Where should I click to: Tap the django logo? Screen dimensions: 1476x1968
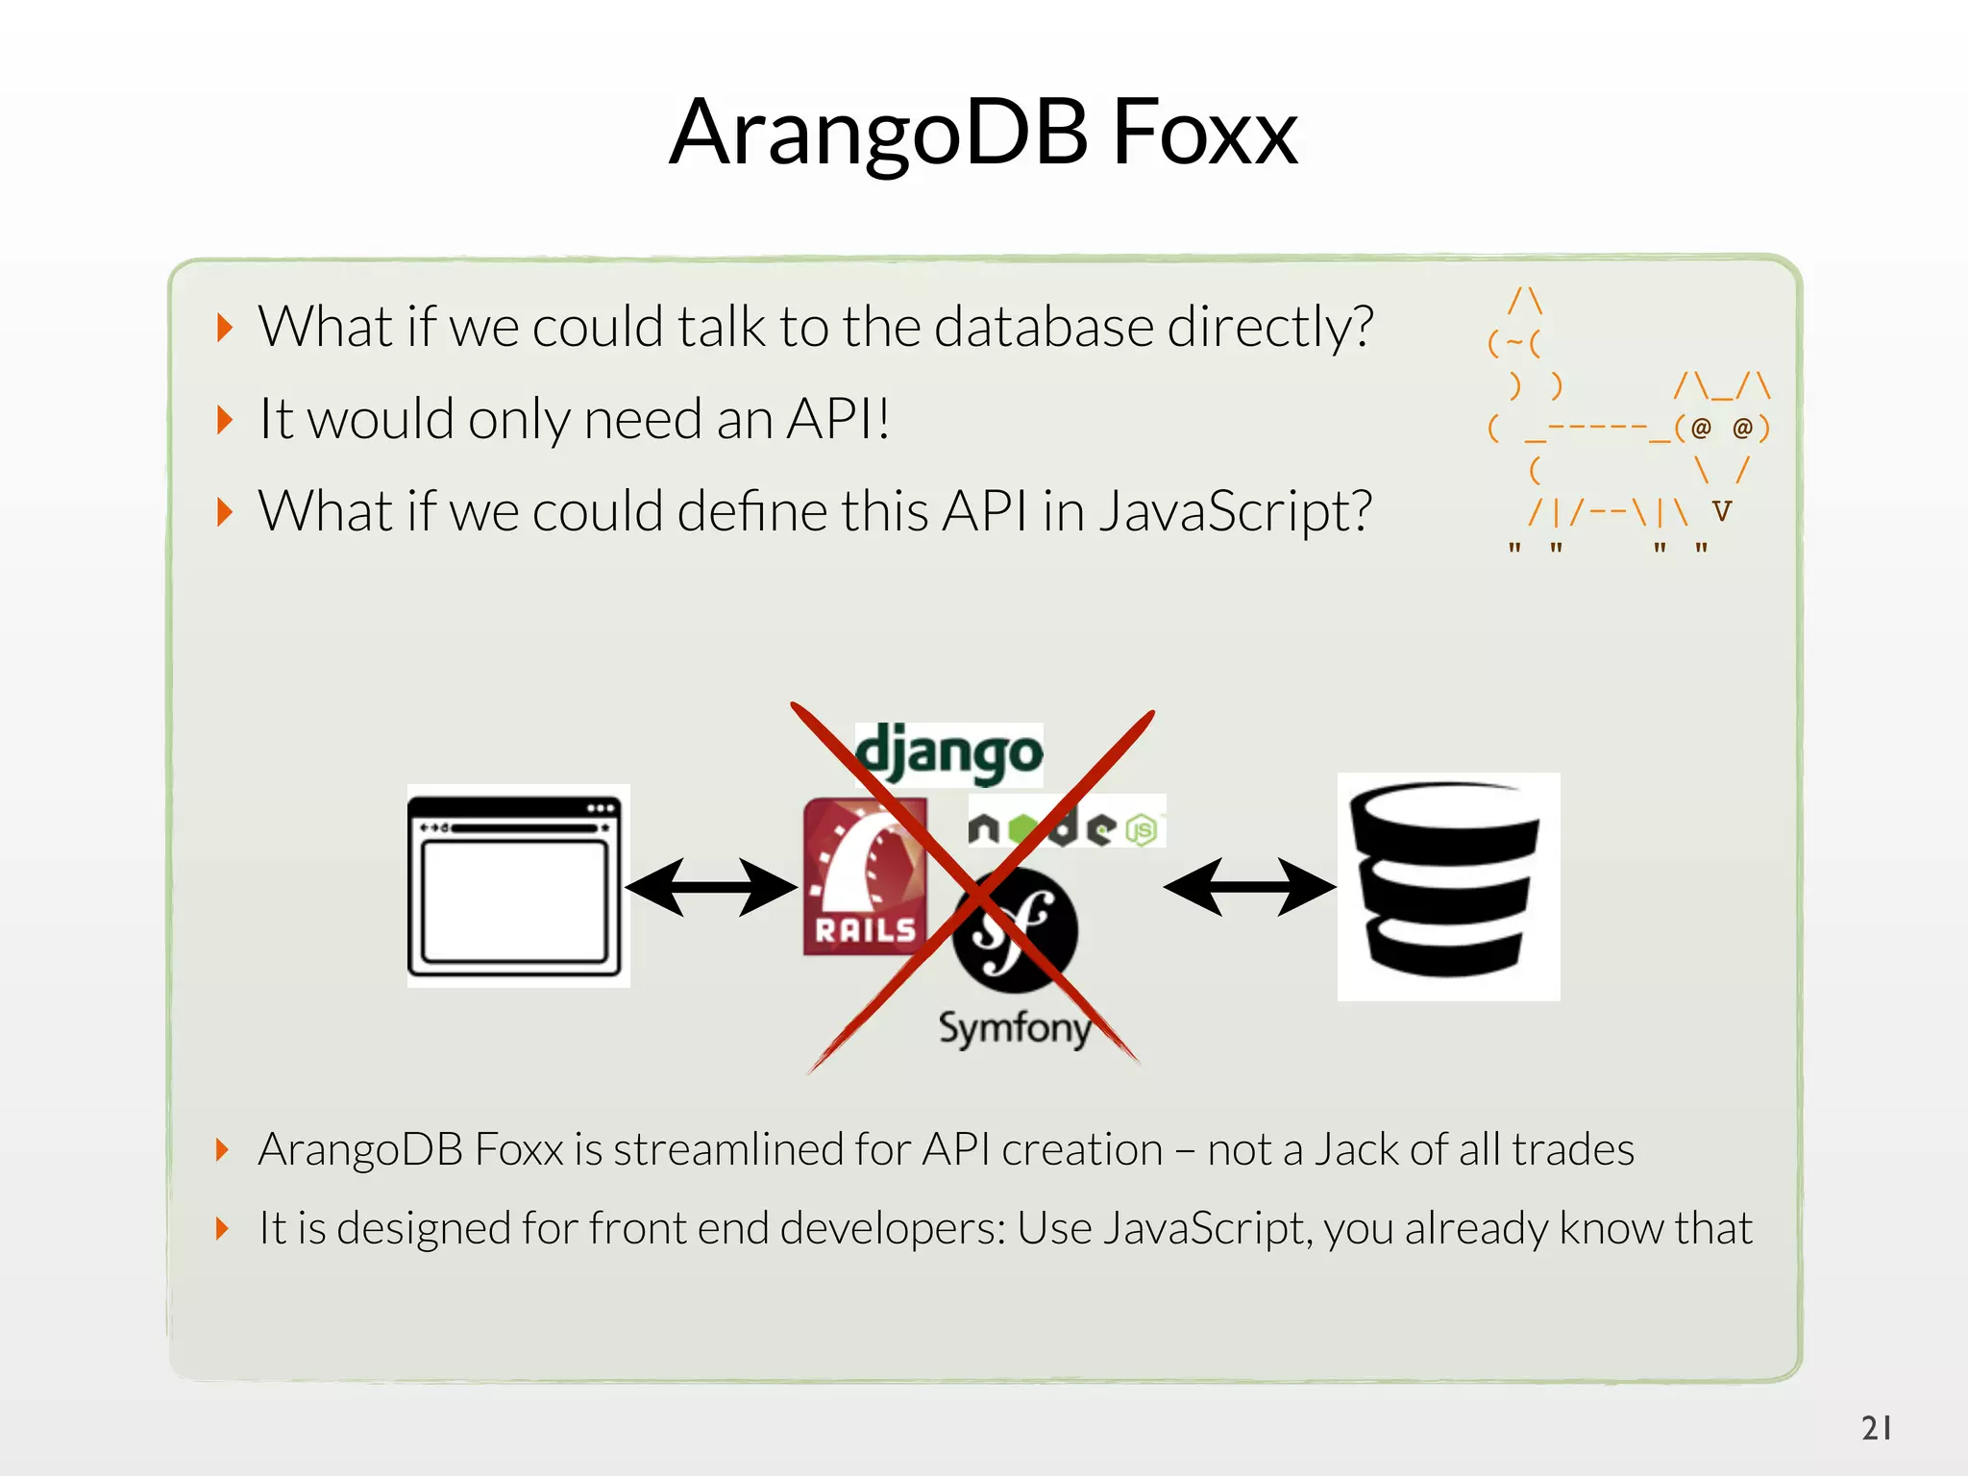click(948, 753)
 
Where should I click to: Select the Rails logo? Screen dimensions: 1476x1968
click(865, 877)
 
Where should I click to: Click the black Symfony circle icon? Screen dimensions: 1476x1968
click(1016, 929)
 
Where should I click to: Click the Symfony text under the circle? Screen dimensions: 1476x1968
click(1015, 1028)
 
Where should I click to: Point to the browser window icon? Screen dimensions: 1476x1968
click(517, 886)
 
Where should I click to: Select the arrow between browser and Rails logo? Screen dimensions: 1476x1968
click(711, 886)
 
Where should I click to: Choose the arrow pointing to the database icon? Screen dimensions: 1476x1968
click(1249, 886)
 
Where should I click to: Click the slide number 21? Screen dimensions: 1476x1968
click(1877, 1427)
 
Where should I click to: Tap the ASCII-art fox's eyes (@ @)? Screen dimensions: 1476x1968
click(1722, 428)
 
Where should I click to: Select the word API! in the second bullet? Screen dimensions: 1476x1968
click(838, 419)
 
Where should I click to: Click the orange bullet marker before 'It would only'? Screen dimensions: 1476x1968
click(225, 420)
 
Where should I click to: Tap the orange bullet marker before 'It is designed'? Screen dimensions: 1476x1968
click(223, 1228)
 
